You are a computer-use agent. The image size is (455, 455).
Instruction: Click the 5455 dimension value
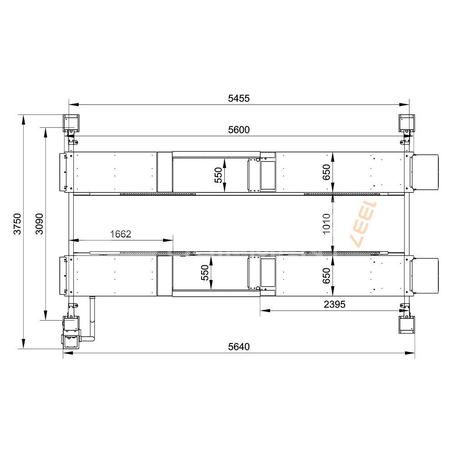(238, 99)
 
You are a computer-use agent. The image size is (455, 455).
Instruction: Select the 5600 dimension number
(238, 130)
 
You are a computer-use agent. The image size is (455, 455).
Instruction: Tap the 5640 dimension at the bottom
(238, 347)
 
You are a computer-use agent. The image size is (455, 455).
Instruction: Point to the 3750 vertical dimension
(17, 224)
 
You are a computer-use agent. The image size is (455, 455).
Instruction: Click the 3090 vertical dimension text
(39, 224)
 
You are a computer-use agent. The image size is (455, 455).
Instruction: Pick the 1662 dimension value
(121, 234)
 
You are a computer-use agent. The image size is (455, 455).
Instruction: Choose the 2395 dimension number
(334, 304)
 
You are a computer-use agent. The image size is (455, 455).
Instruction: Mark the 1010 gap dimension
(326, 224)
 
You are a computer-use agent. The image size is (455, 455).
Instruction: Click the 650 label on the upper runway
(326, 172)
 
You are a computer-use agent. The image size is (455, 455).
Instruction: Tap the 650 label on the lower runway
(326, 276)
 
